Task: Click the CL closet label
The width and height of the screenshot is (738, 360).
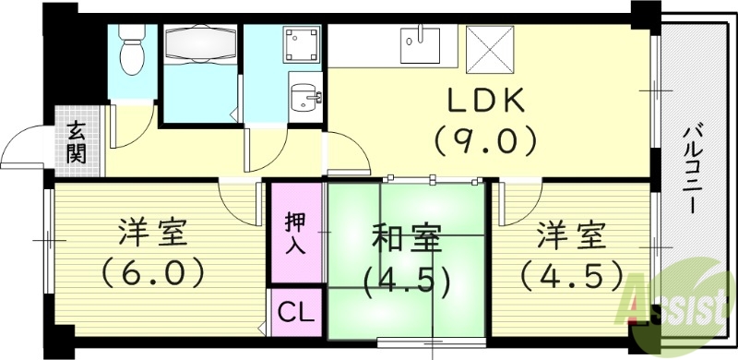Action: tap(296, 312)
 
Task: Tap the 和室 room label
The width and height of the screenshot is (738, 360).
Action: tap(406, 240)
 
